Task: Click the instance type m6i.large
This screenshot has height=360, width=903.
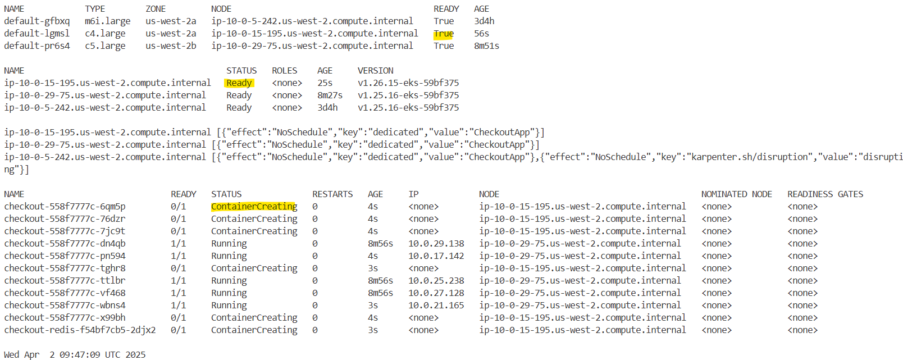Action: pyautogui.click(x=107, y=21)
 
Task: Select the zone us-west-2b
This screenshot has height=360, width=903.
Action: pyautogui.click(x=171, y=46)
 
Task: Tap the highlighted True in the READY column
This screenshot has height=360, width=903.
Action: pyautogui.click(x=443, y=34)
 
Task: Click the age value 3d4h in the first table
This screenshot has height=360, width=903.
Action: pyautogui.click(x=484, y=21)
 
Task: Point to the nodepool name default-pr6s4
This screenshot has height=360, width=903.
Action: pyautogui.click(x=37, y=46)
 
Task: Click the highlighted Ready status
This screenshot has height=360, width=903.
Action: pyautogui.click(x=239, y=83)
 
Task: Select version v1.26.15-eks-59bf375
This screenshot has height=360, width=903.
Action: pyautogui.click(x=408, y=83)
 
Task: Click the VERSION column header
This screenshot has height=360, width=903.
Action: pyautogui.click(x=375, y=71)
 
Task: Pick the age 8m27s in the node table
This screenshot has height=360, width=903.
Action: pyautogui.click(x=330, y=95)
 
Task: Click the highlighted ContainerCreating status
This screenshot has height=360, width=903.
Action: pyautogui.click(x=254, y=207)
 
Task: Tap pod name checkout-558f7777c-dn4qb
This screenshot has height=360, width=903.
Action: pyautogui.click(x=65, y=244)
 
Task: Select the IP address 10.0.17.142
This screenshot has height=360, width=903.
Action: pyautogui.click(x=436, y=256)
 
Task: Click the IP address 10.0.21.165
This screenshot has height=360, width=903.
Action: pyautogui.click(x=436, y=306)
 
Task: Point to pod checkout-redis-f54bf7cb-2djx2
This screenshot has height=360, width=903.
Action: pyautogui.click(x=80, y=330)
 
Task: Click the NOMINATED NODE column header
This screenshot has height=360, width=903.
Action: pyautogui.click(x=736, y=194)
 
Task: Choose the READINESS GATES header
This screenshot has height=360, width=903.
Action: pyautogui.click(x=825, y=194)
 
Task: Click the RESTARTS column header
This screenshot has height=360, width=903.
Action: pyautogui.click(x=332, y=194)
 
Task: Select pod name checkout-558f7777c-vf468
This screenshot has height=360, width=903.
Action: pyautogui.click(x=65, y=293)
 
